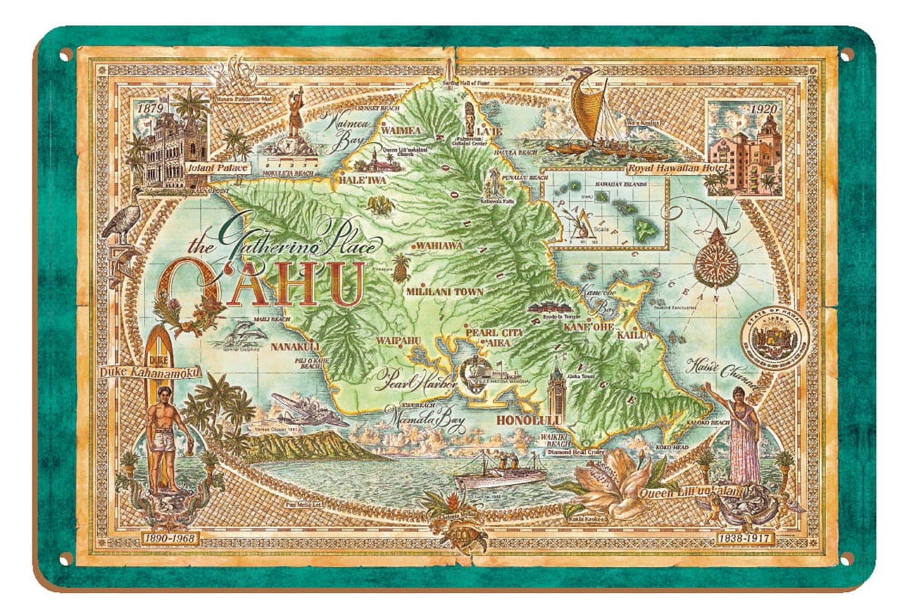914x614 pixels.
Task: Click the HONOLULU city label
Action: [x=526, y=420]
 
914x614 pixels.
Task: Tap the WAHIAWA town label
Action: [x=439, y=245]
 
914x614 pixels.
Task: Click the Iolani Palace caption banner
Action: [x=218, y=168]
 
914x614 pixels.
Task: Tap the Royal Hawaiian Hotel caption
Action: [x=677, y=168]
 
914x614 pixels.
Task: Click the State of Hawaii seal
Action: [x=769, y=340]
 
